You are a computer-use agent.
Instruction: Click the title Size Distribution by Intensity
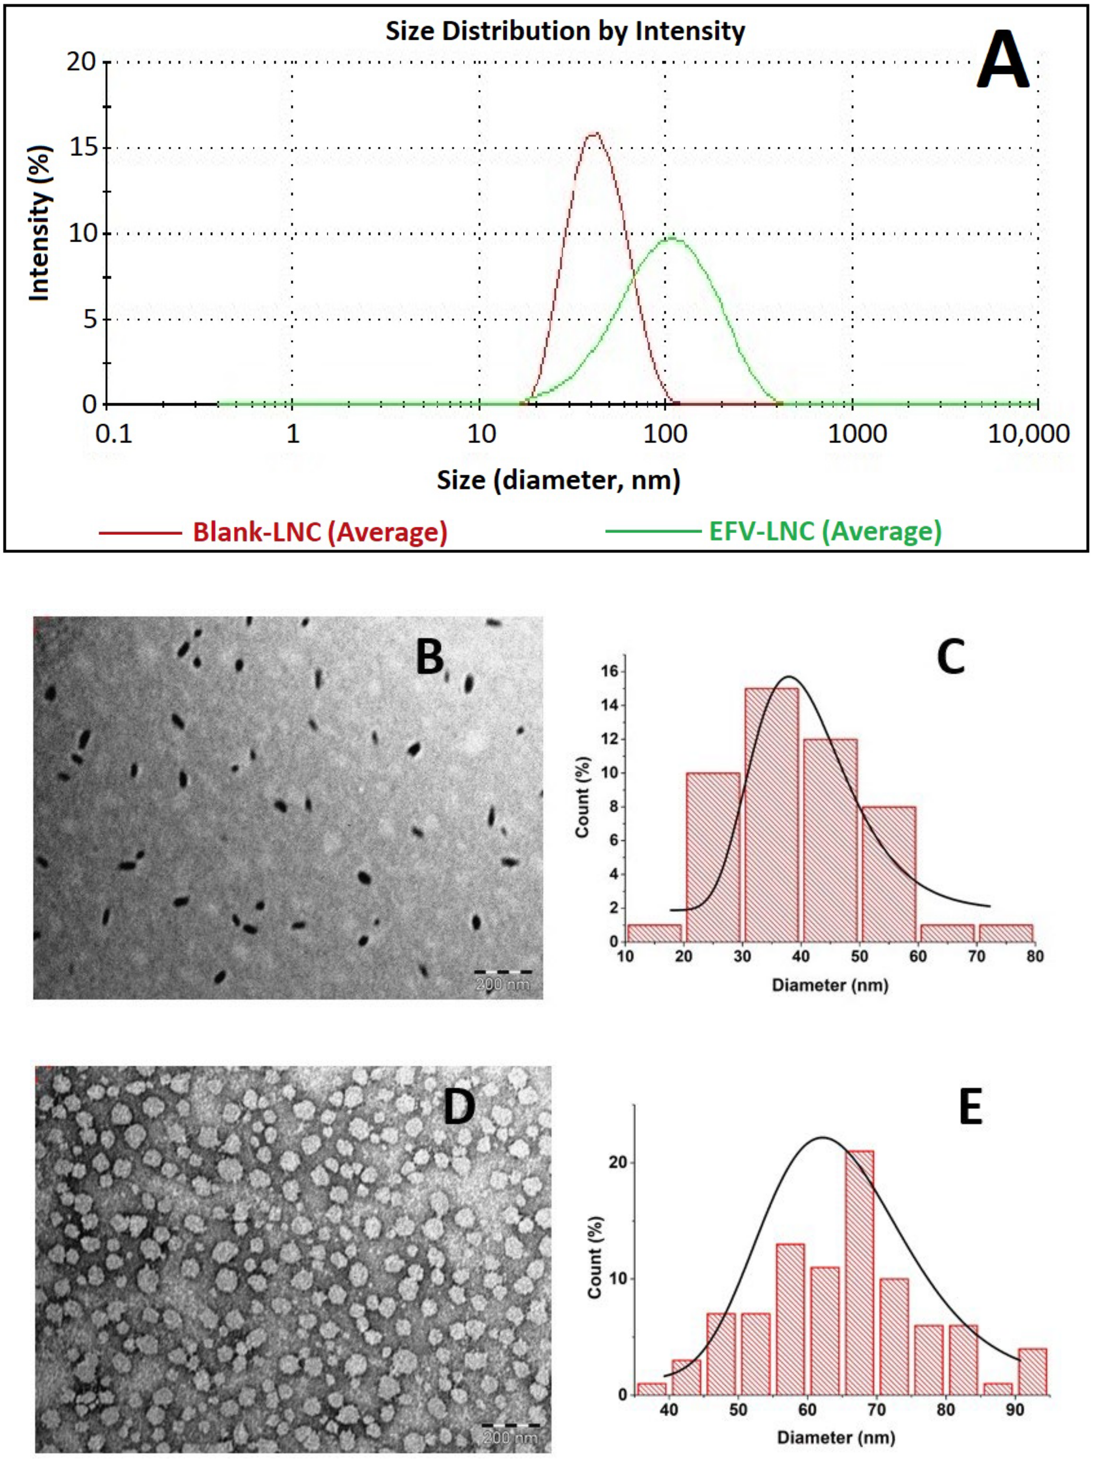click(565, 31)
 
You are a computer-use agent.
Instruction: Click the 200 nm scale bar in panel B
click(502, 972)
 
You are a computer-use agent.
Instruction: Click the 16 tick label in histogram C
click(609, 671)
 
